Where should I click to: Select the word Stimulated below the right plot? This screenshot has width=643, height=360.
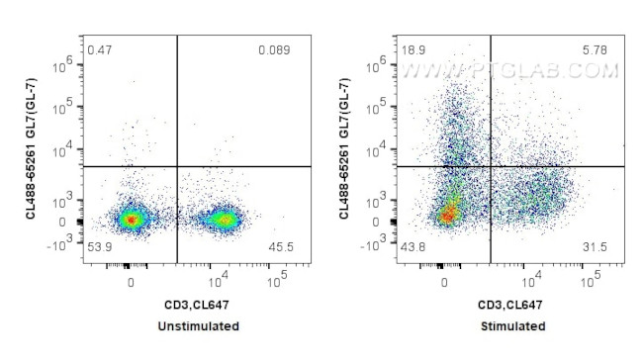click(513, 326)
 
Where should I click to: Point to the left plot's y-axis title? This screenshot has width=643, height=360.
click(34, 144)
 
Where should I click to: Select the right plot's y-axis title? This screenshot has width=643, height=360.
click(348, 144)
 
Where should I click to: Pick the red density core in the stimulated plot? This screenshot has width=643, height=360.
click(448, 214)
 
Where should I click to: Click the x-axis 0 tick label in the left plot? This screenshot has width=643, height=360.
click(132, 281)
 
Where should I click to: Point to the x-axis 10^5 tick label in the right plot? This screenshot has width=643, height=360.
click(591, 279)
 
